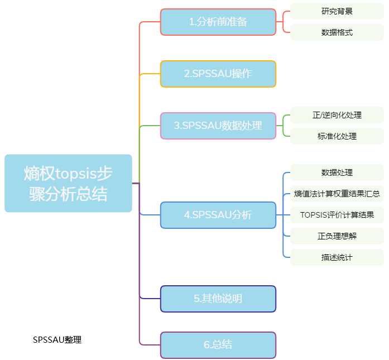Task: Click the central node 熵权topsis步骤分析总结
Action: (x=68, y=183)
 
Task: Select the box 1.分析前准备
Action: (x=218, y=22)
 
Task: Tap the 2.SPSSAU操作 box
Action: (x=218, y=74)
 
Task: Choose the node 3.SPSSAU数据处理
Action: (x=218, y=126)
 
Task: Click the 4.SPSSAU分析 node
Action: (x=218, y=215)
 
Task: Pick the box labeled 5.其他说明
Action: (x=218, y=299)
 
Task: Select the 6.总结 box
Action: (x=218, y=344)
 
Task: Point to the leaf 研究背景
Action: (x=337, y=11)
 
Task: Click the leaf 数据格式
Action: (x=337, y=32)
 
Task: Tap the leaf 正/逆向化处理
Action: (x=337, y=115)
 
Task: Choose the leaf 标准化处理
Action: (x=337, y=136)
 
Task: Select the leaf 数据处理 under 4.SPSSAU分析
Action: (x=337, y=172)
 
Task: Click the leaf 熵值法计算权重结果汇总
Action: (x=337, y=194)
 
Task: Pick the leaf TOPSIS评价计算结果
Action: (x=337, y=215)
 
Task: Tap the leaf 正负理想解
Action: (x=337, y=236)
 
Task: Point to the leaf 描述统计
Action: (x=337, y=257)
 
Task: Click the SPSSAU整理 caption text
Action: (x=57, y=339)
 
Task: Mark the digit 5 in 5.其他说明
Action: (x=197, y=299)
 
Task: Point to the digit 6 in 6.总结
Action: (x=206, y=344)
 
